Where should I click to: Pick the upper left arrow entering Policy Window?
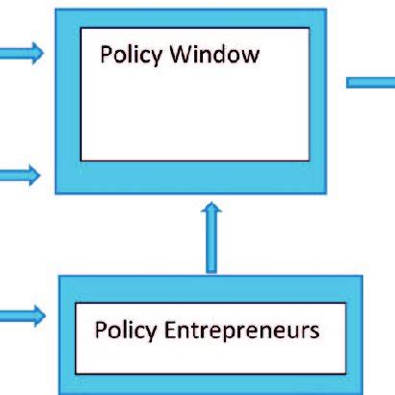pyautogui.click(x=21, y=54)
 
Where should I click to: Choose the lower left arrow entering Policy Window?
pyautogui.click(x=21, y=175)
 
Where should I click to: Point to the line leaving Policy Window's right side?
pyautogui.click(x=370, y=82)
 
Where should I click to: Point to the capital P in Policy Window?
pyautogui.click(x=105, y=54)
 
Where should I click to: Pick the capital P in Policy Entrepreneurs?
pyautogui.click(x=100, y=331)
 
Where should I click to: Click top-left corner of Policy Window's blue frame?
pyautogui.click(x=57, y=10)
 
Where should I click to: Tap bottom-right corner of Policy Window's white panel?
pyautogui.click(x=309, y=160)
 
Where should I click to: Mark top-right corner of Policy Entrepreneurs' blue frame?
pyautogui.click(x=362, y=277)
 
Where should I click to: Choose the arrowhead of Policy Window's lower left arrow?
pyautogui.click(x=37, y=175)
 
